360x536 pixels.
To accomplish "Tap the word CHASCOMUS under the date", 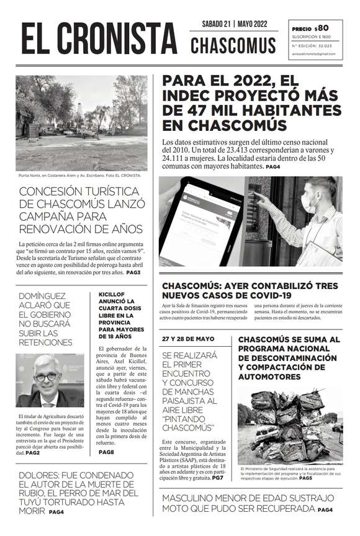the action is (233, 45).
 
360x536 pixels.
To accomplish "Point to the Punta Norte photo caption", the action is (80, 176).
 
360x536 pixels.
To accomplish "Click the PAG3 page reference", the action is (133, 272).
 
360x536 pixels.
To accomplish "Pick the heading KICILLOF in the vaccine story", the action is (114, 295).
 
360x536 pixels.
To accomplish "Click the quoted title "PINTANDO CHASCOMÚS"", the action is (187, 423).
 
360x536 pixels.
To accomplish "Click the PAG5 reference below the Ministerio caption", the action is (305, 479).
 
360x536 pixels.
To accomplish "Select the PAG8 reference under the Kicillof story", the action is (107, 452).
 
